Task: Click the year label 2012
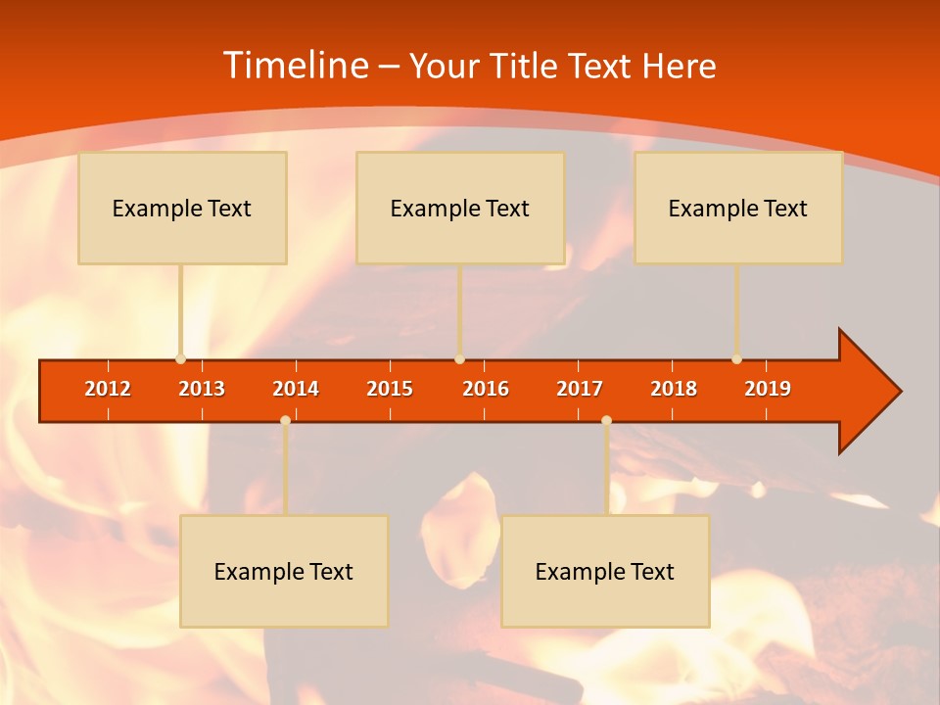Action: click(x=108, y=389)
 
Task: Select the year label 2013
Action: click(x=202, y=389)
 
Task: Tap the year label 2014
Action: click(x=296, y=389)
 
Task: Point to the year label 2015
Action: click(x=390, y=389)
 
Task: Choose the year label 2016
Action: click(x=486, y=389)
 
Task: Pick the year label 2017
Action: click(x=580, y=389)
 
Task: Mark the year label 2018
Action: click(x=674, y=389)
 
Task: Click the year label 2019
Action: click(x=768, y=389)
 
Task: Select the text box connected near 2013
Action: click(x=182, y=209)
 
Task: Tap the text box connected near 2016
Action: click(x=460, y=209)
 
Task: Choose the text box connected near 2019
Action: click(x=738, y=209)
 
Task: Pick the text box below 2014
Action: click(x=284, y=572)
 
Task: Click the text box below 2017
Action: click(x=605, y=572)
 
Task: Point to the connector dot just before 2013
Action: click(x=181, y=359)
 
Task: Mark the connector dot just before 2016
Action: click(x=460, y=359)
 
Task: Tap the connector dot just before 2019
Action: click(x=737, y=359)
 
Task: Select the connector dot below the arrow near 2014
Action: click(x=285, y=420)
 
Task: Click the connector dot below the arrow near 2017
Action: click(x=606, y=420)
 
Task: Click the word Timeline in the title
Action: click(x=295, y=66)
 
